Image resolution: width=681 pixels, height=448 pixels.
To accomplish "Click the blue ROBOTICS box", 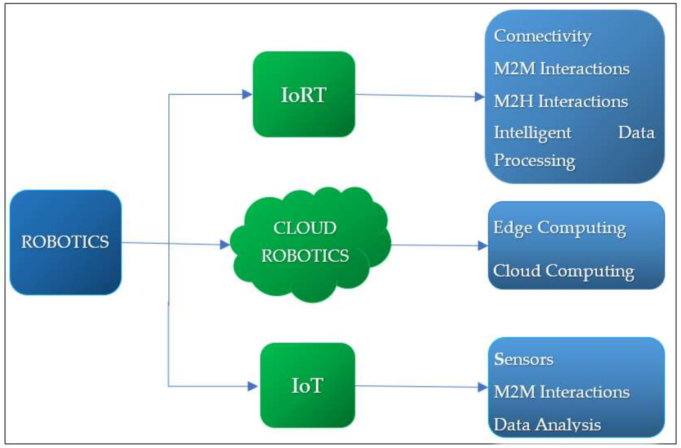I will (x=65, y=242).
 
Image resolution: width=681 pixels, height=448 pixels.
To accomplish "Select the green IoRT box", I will (x=304, y=94).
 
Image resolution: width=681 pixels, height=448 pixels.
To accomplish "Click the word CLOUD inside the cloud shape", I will (x=305, y=228).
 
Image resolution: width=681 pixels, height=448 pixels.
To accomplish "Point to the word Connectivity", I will (x=543, y=37).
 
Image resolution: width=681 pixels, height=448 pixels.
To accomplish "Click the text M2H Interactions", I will (x=561, y=102).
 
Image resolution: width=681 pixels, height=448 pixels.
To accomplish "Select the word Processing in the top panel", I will (x=534, y=160).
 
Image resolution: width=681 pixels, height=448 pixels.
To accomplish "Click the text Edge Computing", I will (x=560, y=228).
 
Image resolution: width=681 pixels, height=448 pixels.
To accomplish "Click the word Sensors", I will (x=524, y=359).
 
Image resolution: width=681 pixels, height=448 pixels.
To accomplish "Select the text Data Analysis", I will (x=547, y=425).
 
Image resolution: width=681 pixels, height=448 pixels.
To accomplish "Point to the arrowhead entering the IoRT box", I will (x=247, y=94).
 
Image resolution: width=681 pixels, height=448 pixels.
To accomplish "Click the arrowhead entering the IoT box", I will (x=252, y=386).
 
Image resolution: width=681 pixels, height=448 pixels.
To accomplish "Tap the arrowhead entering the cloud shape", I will (x=225, y=244).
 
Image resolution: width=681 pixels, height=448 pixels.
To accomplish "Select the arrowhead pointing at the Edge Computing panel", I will (x=482, y=245).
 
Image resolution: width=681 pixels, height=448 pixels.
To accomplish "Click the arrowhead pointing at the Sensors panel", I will (x=482, y=387).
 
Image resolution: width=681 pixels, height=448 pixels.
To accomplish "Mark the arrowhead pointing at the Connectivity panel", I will (x=479, y=97).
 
